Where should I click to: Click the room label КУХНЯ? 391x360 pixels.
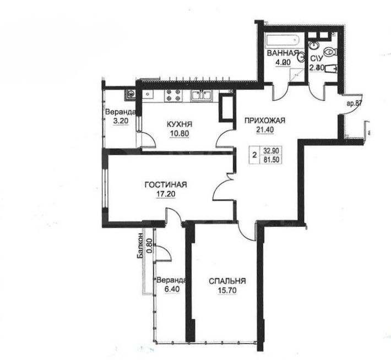[180, 124]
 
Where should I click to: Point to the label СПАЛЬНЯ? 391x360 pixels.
[227, 281]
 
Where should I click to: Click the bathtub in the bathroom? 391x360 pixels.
[281, 40]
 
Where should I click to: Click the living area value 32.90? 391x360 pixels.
[270, 149]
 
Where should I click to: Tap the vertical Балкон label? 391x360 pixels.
[141, 246]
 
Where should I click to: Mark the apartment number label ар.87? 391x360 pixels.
[353, 103]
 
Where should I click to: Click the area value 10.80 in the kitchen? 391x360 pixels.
[180, 133]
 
